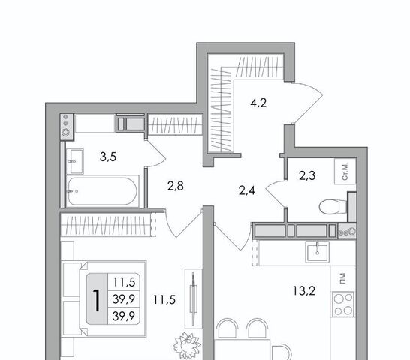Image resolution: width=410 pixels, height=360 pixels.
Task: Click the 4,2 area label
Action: [258, 103]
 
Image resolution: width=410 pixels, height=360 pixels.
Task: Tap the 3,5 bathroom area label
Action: [108, 157]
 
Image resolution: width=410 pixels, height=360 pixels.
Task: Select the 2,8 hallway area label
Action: [176, 186]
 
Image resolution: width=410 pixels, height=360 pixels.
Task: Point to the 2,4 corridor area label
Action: [246, 190]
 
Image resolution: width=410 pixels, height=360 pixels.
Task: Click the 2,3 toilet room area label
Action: [307, 175]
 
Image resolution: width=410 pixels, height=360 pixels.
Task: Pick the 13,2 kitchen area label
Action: [304, 290]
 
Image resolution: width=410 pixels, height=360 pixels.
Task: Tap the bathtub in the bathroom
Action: [102, 191]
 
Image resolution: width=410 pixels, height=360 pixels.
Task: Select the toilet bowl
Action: [333, 207]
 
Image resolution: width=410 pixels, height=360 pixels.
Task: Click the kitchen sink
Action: [318, 251]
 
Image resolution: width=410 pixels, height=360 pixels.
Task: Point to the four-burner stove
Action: [343, 304]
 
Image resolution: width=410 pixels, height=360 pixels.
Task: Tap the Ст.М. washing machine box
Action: [345, 172]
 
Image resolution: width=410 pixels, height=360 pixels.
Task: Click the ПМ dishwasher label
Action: [343, 278]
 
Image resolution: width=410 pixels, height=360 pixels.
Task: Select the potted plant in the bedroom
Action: [187, 344]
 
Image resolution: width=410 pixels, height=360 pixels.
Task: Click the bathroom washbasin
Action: [75, 161]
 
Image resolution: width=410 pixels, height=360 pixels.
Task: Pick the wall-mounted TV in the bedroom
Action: [194, 298]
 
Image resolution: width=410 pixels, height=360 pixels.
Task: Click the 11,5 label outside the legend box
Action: [164, 300]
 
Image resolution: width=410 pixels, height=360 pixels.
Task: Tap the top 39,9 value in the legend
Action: [124, 298]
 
